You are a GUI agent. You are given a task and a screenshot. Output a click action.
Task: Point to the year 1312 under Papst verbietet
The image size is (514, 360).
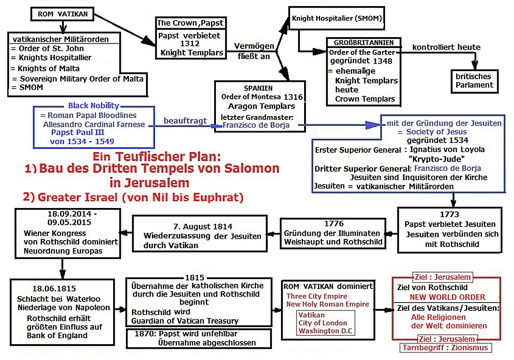[190, 44]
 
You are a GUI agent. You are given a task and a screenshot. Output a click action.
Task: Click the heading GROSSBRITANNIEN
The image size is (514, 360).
[364, 43]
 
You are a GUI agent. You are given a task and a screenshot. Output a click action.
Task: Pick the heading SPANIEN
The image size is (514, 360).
[258, 88]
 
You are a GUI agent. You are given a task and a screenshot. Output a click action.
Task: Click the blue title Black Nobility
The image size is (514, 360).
[94, 105]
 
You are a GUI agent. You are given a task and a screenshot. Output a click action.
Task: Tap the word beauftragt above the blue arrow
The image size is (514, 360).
[185, 121]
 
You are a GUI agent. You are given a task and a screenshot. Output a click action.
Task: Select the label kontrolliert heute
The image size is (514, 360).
[446, 47]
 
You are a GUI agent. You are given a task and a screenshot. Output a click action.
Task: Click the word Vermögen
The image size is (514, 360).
[254, 46]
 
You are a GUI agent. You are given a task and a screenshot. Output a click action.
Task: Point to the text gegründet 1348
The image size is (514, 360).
[361, 61]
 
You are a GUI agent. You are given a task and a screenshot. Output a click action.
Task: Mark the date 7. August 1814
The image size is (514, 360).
[203, 226]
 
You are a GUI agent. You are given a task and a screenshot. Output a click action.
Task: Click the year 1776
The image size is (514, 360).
[334, 223]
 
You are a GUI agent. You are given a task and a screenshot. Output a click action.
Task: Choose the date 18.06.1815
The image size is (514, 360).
[54, 289]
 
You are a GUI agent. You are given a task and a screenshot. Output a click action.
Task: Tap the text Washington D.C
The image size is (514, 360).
[325, 331]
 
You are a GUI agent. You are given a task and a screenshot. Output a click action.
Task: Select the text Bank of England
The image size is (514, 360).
[57, 336]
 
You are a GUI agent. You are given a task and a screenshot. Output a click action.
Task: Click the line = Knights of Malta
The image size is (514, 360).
[45, 68]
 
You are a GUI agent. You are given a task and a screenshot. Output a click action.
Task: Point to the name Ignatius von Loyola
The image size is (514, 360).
[447, 149]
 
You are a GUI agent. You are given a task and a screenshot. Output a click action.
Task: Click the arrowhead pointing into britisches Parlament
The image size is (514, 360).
[475, 65]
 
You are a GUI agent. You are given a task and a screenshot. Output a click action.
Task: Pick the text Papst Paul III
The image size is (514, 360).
[78, 132]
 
